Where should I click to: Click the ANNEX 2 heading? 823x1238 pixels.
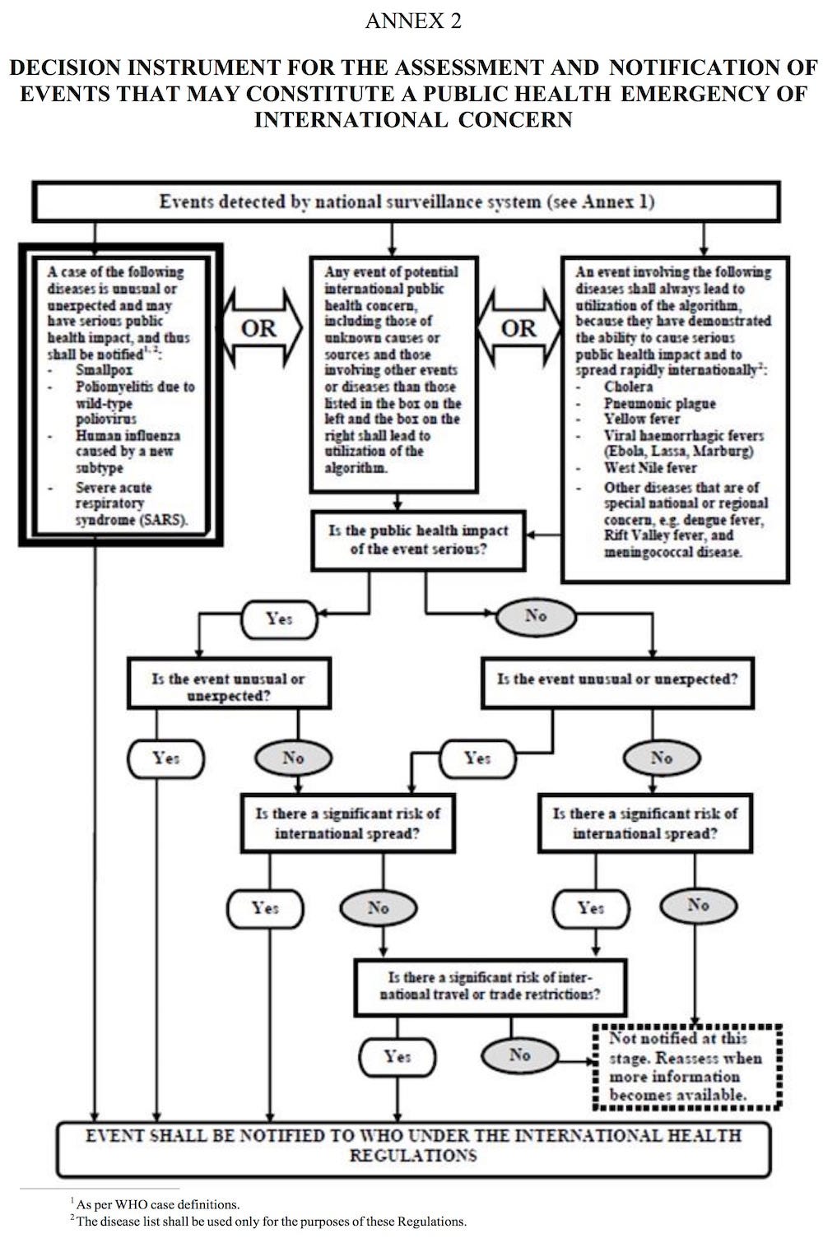tap(413, 21)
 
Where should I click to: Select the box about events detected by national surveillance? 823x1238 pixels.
tap(406, 202)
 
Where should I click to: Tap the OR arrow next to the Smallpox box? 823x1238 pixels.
tap(258, 329)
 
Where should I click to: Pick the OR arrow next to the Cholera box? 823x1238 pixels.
tap(518, 329)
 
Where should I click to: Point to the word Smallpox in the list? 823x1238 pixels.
tap(104, 370)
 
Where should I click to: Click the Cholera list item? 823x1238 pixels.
tap(628, 387)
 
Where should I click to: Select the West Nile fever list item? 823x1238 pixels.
tap(650, 468)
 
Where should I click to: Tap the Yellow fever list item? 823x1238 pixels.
tap(642, 419)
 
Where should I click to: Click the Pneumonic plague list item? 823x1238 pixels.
tap(659, 403)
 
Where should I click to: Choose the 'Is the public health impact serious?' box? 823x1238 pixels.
tap(418, 540)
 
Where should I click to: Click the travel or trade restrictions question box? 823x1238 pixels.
tap(490, 985)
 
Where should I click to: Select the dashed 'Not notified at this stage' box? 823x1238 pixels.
tap(687, 1066)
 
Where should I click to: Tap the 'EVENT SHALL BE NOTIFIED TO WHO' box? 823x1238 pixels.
tap(413, 1146)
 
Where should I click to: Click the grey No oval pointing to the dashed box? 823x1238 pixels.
tap(519, 1055)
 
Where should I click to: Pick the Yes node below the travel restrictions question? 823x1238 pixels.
tap(398, 1056)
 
